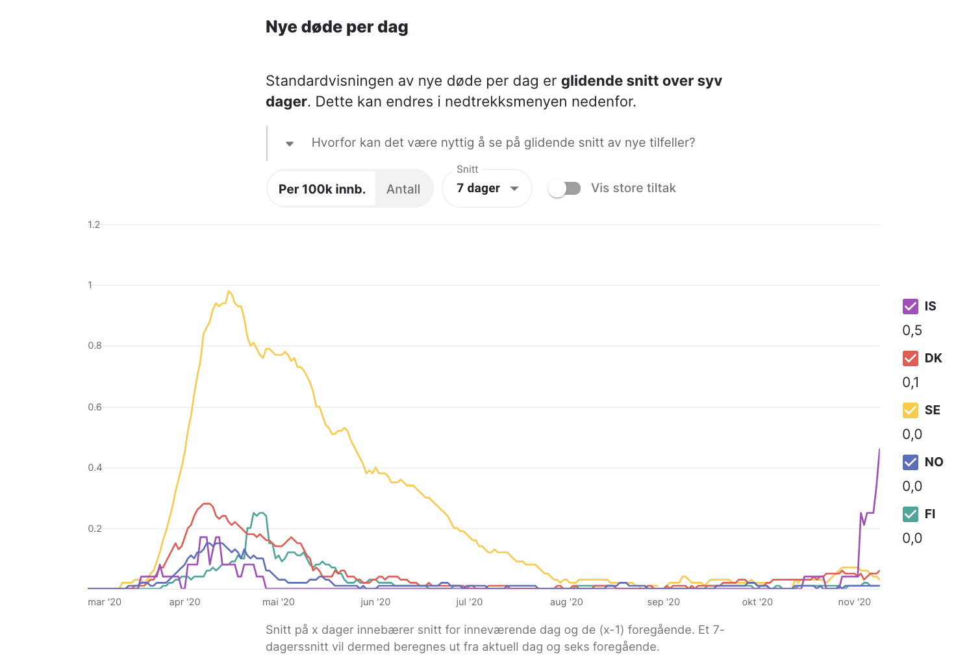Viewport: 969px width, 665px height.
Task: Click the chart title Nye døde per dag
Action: pos(336,27)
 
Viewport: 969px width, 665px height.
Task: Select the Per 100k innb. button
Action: pos(322,189)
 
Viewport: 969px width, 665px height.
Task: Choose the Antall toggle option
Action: pos(403,189)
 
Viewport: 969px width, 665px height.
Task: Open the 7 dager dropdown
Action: pos(486,188)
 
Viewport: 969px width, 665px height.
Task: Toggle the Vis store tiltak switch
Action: pos(564,188)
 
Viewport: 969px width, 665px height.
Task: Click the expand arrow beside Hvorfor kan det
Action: pos(290,144)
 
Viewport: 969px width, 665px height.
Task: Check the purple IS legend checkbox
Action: pos(911,307)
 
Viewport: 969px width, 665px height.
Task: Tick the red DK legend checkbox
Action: pos(911,358)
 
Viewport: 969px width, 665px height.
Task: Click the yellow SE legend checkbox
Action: pos(911,410)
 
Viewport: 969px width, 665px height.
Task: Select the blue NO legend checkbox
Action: pos(911,462)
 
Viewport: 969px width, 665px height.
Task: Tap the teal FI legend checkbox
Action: pos(911,514)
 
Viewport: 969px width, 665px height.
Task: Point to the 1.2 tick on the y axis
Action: pos(94,225)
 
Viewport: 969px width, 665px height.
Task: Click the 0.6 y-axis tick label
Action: pos(95,407)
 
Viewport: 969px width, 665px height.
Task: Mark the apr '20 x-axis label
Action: pos(184,602)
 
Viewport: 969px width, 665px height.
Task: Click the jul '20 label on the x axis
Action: pos(469,602)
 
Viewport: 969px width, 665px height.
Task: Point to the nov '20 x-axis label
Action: pos(854,602)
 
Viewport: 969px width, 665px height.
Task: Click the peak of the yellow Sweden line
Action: pos(229,291)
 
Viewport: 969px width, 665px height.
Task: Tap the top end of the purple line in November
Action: pos(879,449)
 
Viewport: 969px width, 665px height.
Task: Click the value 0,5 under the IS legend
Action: pos(912,331)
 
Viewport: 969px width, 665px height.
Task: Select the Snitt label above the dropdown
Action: pos(467,169)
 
